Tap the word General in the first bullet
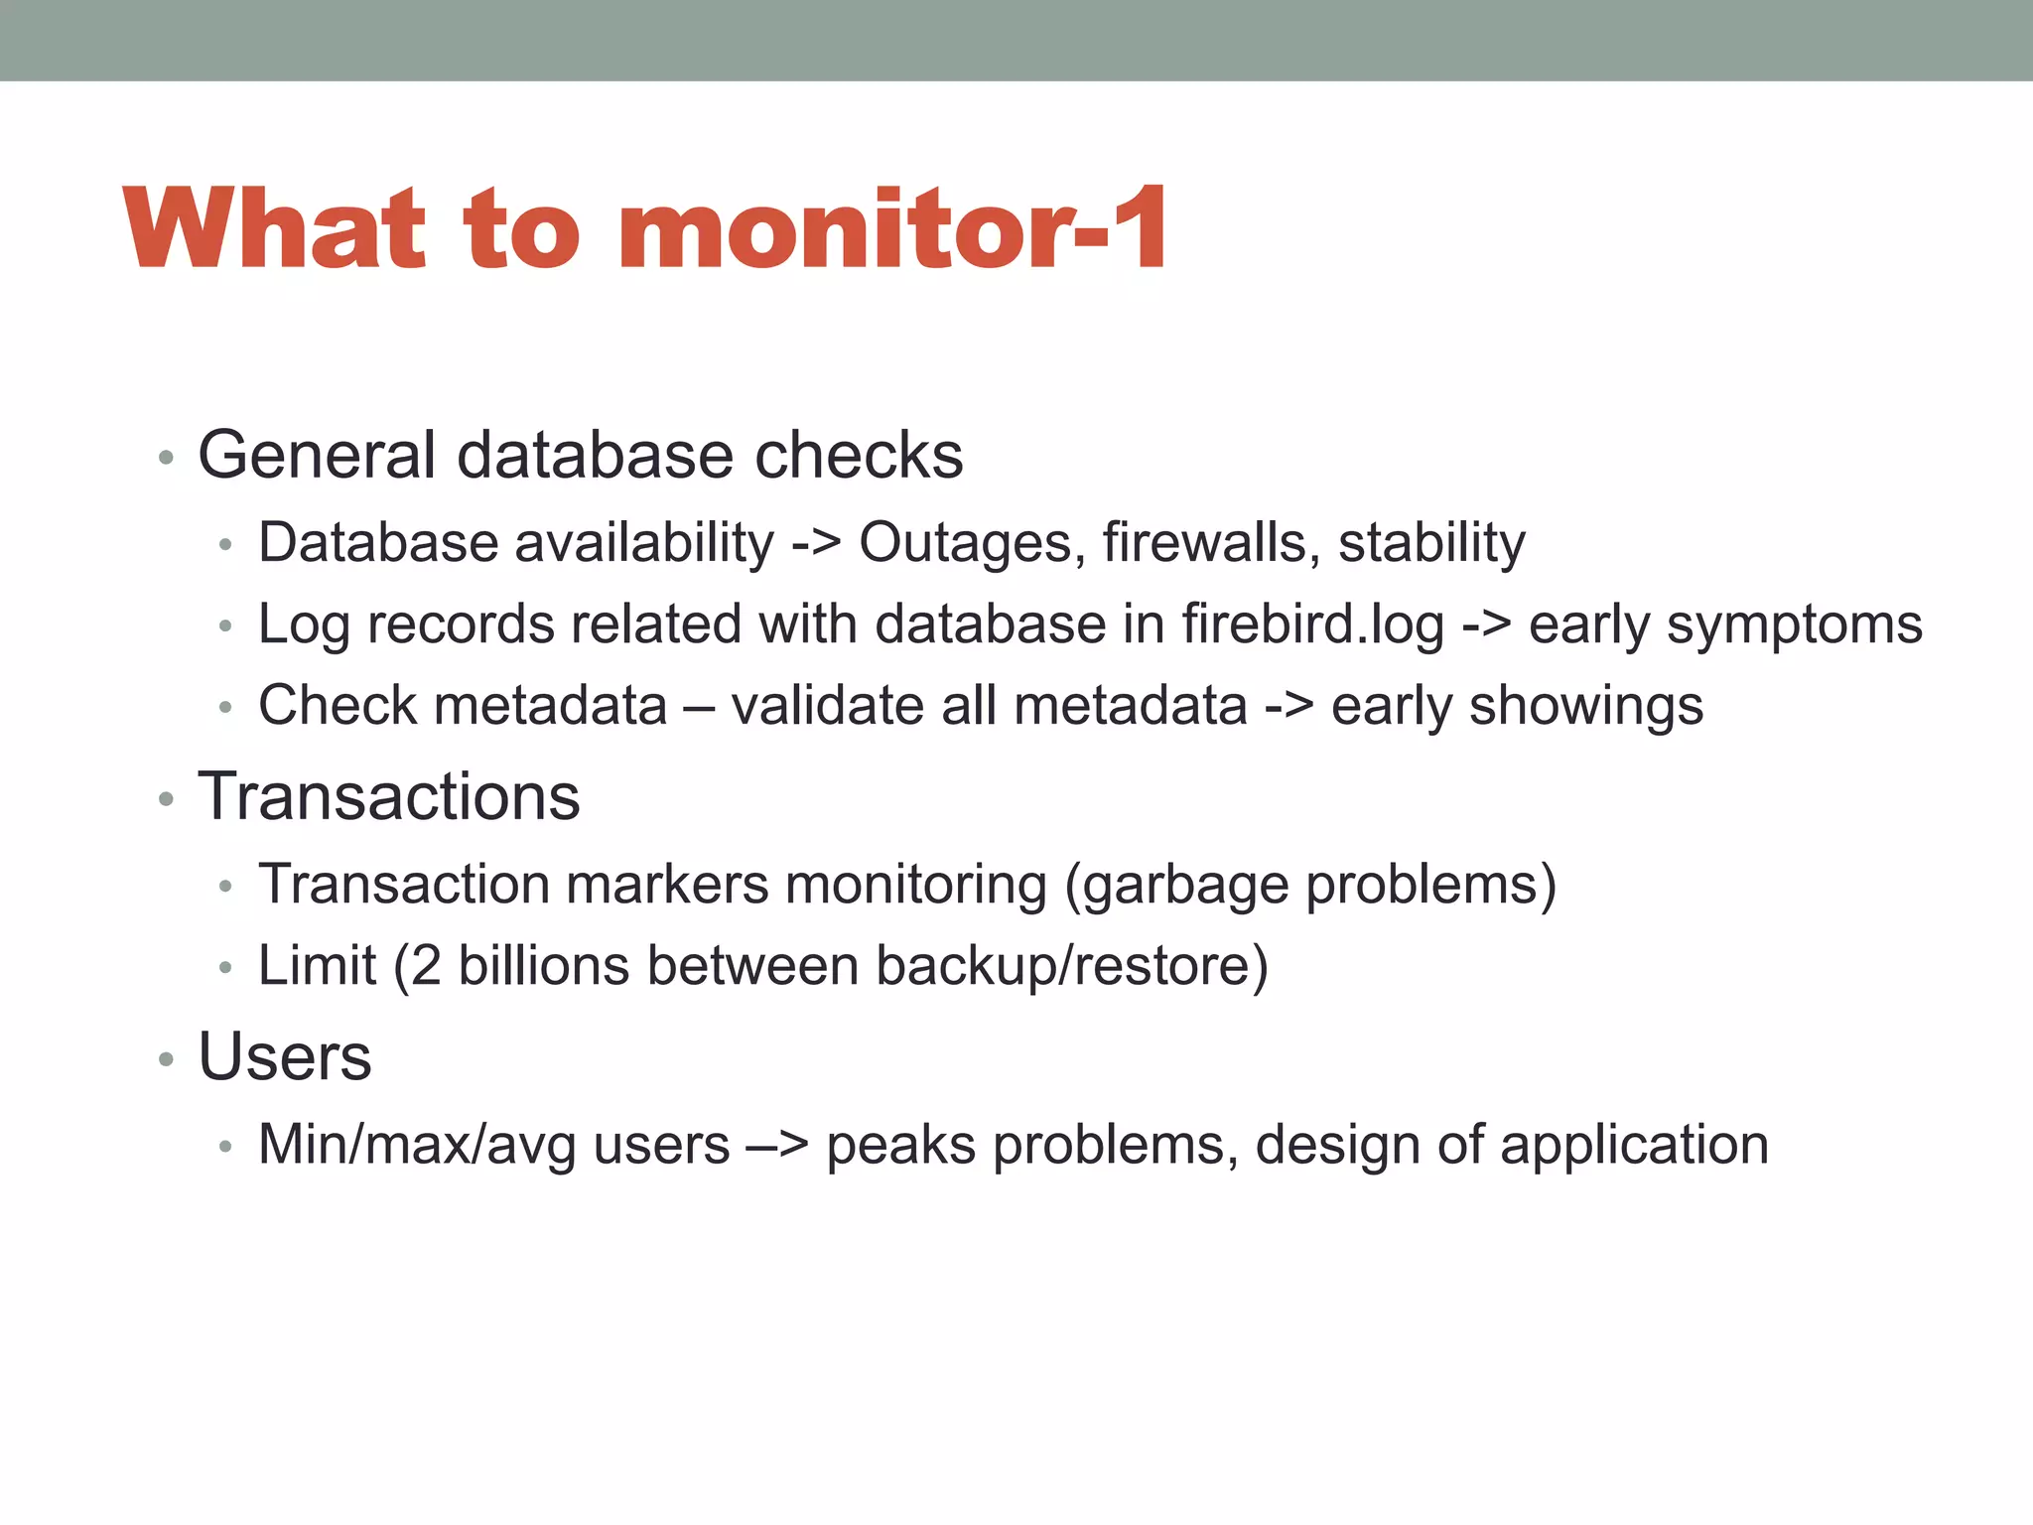317,456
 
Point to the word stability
1431,544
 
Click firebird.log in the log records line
1312,625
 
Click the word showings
1586,707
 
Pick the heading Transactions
388,796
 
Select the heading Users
285,1056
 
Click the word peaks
900,1146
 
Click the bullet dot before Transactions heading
166,798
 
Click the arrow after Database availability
816,544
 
